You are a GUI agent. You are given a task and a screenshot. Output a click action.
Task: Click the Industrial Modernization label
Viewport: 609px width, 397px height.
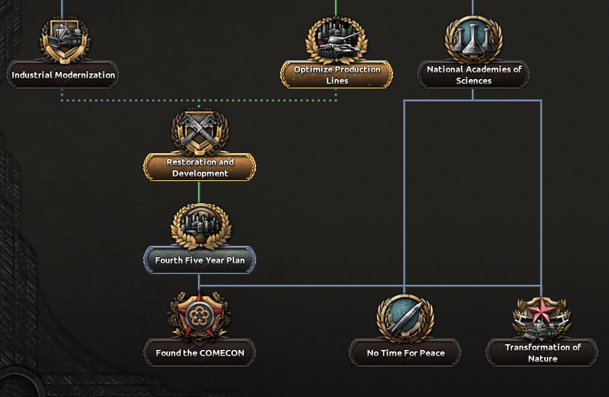pyautogui.click(x=63, y=75)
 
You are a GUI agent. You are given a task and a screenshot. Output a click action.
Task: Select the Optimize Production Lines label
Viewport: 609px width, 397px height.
pyautogui.click(x=337, y=75)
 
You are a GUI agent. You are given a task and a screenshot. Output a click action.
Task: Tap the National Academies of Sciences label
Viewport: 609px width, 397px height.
pyautogui.click(x=474, y=75)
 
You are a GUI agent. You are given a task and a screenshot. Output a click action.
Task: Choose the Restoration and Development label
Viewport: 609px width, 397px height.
pyautogui.click(x=200, y=167)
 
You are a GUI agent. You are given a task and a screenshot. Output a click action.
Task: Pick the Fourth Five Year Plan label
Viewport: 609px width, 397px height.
pyautogui.click(x=200, y=260)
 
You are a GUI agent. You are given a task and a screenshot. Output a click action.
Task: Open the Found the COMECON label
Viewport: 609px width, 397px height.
pyautogui.click(x=199, y=353)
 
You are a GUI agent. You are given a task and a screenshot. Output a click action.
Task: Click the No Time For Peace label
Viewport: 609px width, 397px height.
pyautogui.click(x=405, y=353)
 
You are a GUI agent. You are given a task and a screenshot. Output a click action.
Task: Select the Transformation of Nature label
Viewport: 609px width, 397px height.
pyautogui.click(x=542, y=353)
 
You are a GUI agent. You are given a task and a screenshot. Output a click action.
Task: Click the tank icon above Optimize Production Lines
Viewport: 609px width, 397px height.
pyautogui.click(x=335, y=39)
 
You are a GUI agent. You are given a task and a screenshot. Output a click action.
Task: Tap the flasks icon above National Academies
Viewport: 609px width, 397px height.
pyautogui.click(x=474, y=37)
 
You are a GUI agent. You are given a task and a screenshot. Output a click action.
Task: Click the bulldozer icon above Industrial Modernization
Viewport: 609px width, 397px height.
pyautogui.click(x=64, y=37)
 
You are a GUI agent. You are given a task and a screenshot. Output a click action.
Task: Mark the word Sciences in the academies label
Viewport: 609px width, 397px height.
pyautogui.click(x=474, y=81)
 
